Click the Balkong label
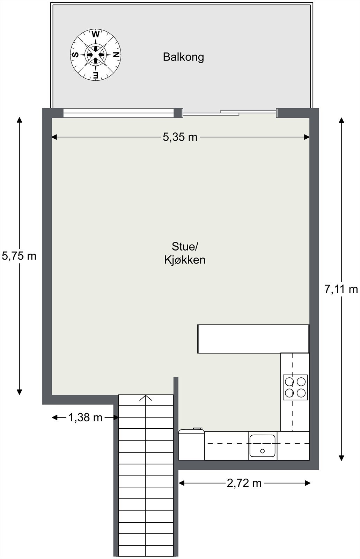[x=183, y=57]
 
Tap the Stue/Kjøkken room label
[x=185, y=253]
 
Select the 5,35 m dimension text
[x=180, y=137]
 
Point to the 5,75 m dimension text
[x=19, y=256]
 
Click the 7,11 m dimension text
[x=341, y=289]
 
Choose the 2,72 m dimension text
[x=244, y=483]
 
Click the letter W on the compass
[x=95, y=35]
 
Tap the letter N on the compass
[x=116, y=55]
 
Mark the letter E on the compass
[x=95, y=75]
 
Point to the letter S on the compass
[x=75, y=55]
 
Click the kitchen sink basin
[x=263, y=446]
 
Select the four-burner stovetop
[x=295, y=387]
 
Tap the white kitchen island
[x=253, y=339]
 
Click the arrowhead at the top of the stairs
[x=146, y=398]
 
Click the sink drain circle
[x=263, y=451]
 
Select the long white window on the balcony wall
[x=118, y=113]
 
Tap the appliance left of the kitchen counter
[x=191, y=444]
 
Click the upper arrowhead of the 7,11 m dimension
[x=341, y=121]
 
